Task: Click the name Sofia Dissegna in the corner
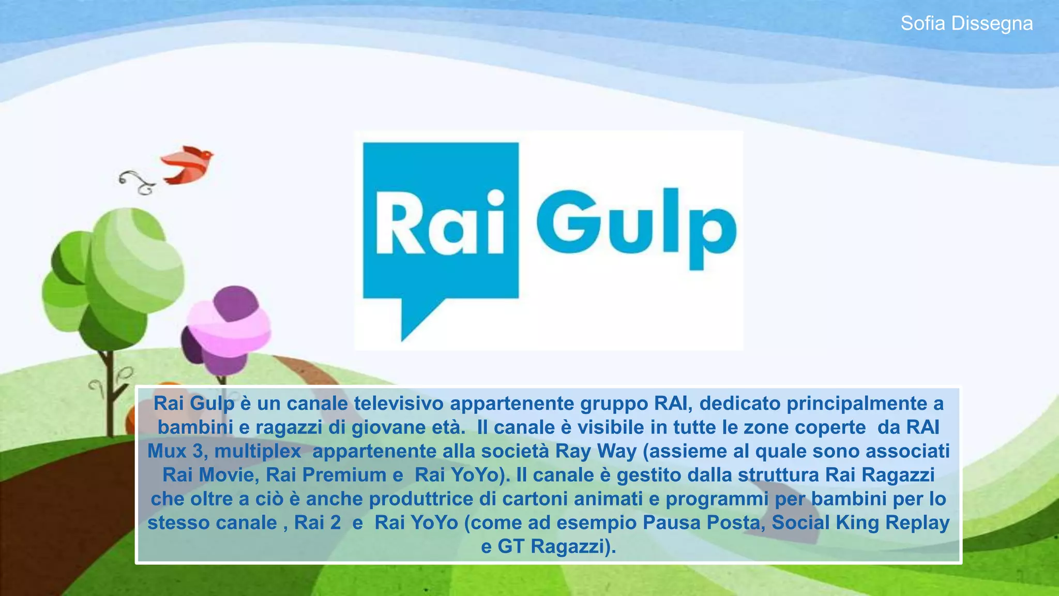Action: [x=966, y=23]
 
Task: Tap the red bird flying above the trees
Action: [x=188, y=165]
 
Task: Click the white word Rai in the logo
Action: [x=440, y=224]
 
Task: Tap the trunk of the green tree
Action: [x=108, y=393]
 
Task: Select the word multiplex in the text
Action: [x=258, y=451]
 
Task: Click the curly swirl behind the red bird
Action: [x=137, y=182]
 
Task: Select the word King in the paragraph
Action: [x=858, y=523]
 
